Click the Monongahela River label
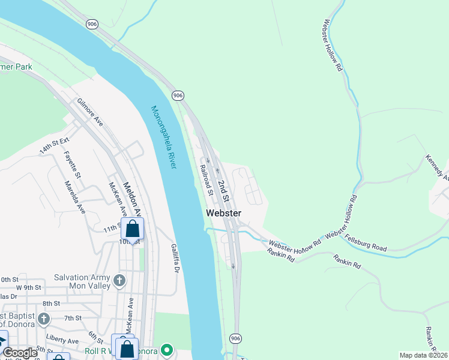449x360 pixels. pos(163,137)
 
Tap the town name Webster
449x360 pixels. pos(223,213)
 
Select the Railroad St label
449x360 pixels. pos(206,181)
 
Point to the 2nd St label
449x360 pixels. pos(223,190)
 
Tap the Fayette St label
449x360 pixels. pos(72,164)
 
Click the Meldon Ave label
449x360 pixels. pos(131,199)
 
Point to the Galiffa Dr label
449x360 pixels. pos(173,259)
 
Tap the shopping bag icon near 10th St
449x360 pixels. pos(132,229)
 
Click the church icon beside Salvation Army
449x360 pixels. pos(119,280)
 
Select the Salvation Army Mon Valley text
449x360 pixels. pos(82,281)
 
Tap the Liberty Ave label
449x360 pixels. pos(64,340)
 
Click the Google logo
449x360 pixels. pos(20,353)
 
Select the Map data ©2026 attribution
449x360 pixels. pos(423,355)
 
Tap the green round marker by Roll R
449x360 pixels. pos(167,350)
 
